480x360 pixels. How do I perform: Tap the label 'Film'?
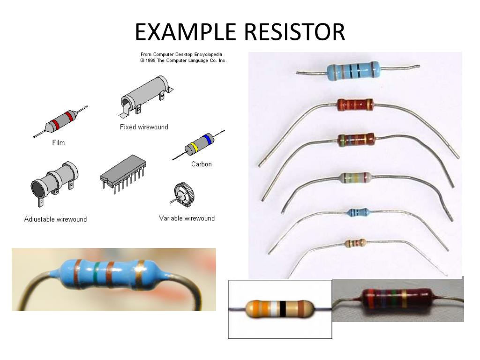58,142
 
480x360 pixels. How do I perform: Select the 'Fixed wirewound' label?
144,127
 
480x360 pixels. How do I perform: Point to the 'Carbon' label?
201,164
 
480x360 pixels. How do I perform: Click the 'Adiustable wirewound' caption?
55,219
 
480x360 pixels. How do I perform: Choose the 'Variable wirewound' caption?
187,218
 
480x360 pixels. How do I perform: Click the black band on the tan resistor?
283,309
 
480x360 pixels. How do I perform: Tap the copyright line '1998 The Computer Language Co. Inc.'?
183,60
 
